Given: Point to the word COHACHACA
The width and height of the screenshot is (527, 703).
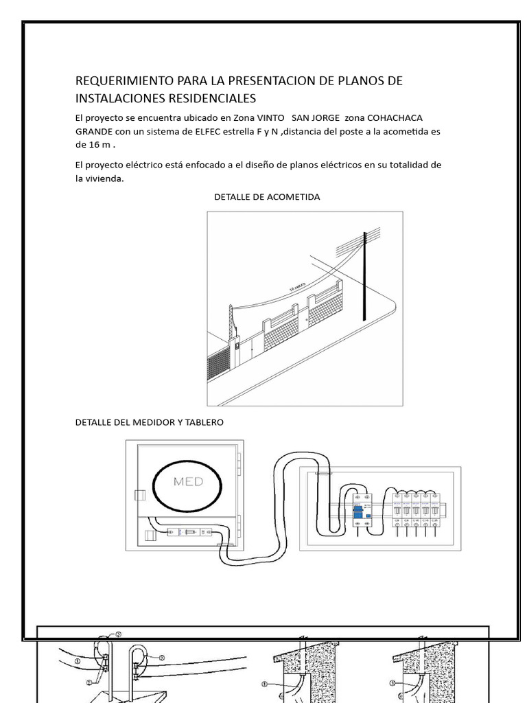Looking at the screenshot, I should coord(403,117).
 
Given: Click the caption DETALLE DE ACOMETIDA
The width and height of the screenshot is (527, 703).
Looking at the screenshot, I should coord(267,197).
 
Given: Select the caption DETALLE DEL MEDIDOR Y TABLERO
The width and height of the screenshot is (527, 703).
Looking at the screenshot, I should coord(149,422).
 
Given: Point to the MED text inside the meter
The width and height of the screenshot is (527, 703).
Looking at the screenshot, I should coord(188,482).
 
